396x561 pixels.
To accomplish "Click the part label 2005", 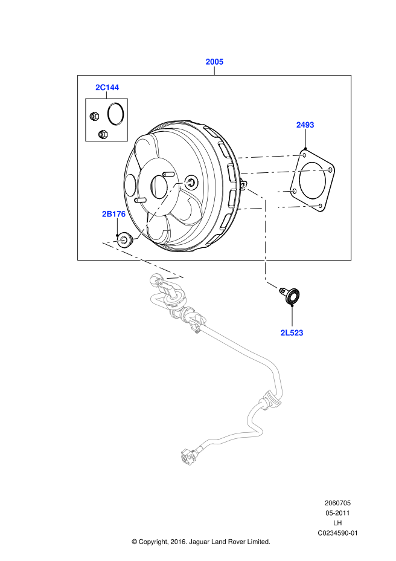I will (214, 62).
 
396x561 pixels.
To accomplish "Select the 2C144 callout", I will (107, 88).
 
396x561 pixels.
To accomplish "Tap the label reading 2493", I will (305, 125).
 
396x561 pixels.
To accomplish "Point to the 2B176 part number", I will (113, 214).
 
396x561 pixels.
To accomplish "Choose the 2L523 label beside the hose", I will (292, 333).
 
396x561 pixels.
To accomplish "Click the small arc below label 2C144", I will (115, 114).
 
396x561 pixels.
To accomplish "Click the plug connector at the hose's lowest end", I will (188, 457).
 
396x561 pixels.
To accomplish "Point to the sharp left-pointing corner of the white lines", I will (105, 243).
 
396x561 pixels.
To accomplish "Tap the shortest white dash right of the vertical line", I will (286, 192).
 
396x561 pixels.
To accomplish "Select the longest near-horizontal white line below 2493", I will (286, 172).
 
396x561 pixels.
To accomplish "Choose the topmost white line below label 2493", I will (270, 157).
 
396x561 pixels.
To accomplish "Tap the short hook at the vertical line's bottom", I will (271, 284).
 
